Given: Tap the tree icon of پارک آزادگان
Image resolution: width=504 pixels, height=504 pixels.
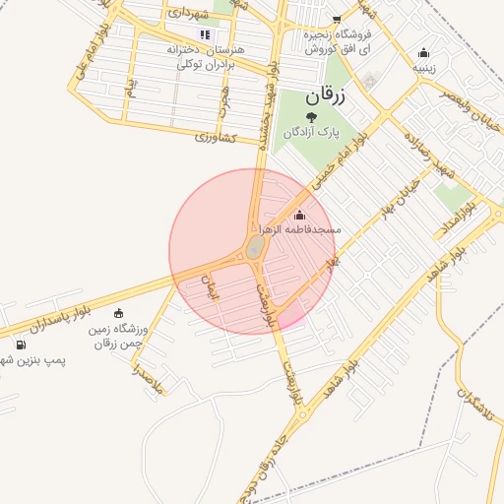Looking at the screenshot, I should pyautogui.click(x=311, y=118).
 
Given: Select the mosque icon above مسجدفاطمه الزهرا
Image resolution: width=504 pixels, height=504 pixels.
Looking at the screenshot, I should pyautogui.click(x=299, y=215).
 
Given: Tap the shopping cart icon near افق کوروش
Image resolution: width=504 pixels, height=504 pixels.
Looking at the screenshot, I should pyautogui.click(x=337, y=19).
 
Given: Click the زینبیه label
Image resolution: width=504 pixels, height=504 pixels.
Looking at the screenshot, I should pyautogui.click(x=424, y=68).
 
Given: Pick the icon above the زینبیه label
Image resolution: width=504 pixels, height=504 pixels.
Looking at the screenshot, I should pyautogui.click(x=424, y=53).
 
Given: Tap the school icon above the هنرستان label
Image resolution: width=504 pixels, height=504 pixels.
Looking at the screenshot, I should pyautogui.click(x=206, y=34).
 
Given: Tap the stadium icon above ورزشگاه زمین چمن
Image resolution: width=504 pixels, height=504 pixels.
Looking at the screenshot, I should pyautogui.click(x=119, y=314).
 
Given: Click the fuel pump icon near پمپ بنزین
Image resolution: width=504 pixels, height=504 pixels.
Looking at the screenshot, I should pyautogui.click(x=22, y=345).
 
